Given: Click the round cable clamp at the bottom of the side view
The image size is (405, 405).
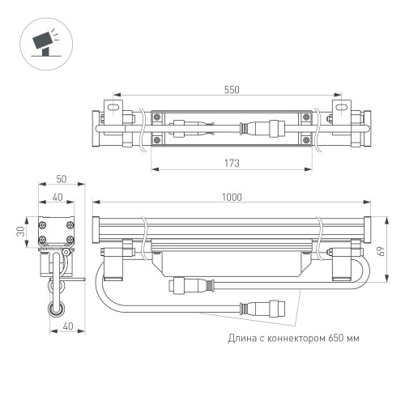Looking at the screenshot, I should (x=57, y=308).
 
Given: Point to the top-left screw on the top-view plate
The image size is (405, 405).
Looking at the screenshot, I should (x=160, y=115).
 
